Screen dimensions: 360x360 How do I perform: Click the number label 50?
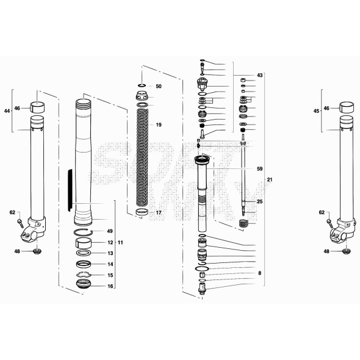[x=159, y=87]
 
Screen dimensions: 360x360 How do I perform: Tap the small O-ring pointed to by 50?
[x=142, y=86]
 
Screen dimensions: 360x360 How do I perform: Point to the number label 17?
[x=159, y=213]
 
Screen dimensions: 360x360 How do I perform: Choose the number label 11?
[x=120, y=243]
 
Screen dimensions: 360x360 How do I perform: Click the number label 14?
[x=110, y=264]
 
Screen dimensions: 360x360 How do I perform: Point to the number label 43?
[x=259, y=75]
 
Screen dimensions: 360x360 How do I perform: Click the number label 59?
[x=259, y=168]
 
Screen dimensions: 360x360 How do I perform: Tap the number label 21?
[x=269, y=179]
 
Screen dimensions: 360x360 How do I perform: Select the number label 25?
[x=259, y=201]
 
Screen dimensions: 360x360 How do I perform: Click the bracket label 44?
[x=7, y=111]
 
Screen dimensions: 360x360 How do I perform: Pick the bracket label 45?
[x=315, y=111]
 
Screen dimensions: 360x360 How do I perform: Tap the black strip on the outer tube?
[x=70, y=186]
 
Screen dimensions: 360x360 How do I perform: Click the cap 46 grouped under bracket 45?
[x=347, y=108]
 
